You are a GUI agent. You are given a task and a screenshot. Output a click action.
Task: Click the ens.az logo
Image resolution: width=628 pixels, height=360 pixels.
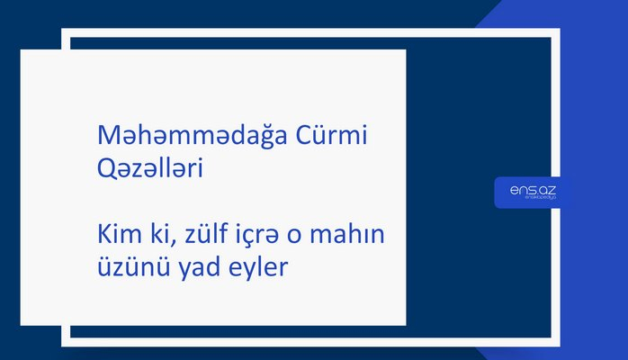[x=533, y=192]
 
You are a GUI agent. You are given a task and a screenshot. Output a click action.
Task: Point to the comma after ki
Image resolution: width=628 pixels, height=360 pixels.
[x=178, y=242]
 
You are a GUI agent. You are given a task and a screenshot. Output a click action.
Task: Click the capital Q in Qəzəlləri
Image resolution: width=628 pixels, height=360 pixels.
[x=104, y=168]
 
